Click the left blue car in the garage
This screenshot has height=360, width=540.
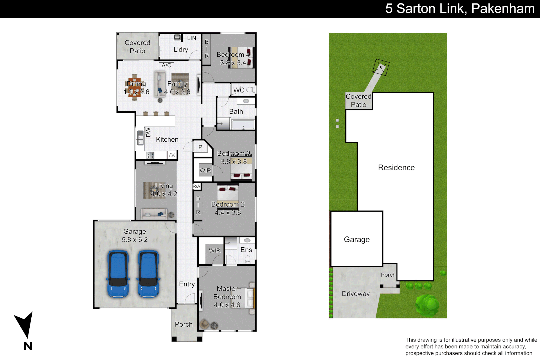118,274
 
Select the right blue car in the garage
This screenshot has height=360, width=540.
149,274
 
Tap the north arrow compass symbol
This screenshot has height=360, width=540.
24,325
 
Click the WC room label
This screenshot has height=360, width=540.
239,90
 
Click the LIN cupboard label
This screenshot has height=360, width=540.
192,38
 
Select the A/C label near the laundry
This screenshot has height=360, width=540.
166,65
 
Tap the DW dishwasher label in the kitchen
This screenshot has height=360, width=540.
148,132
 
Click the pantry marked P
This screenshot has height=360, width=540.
200,147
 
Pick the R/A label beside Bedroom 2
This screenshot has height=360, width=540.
197,186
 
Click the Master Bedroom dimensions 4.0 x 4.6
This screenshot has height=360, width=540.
227,305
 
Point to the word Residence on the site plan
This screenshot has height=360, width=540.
396,168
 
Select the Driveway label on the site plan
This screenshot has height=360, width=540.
356,294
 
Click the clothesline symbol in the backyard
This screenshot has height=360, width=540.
381,67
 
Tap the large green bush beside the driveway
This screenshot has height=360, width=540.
427,305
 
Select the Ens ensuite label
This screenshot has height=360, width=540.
246,250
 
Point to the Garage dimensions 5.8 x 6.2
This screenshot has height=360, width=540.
135,240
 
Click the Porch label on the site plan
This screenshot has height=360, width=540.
388,275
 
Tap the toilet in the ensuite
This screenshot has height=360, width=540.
248,259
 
